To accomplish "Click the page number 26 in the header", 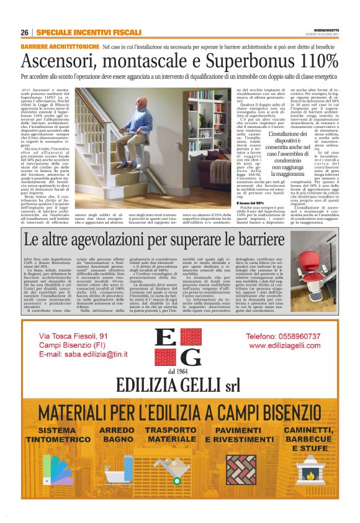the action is [x=25, y=32].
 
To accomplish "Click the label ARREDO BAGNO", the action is [x=116, y=434].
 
